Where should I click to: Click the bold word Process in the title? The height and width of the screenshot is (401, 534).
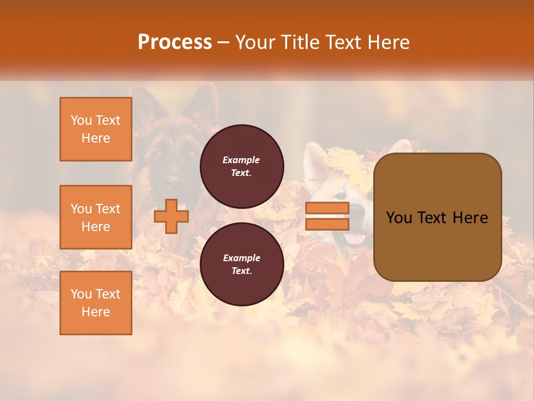[175, 42]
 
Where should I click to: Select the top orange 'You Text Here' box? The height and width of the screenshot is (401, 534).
[96, 129]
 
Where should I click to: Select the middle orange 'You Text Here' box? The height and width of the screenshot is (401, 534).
[96, 217]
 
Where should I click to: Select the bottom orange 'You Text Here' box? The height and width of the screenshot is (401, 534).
[96, 303]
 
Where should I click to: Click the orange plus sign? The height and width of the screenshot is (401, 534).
[171, 216]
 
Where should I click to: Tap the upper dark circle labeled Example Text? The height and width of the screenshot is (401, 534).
[241, 166]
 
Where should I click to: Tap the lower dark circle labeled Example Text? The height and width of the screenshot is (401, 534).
[241, 264]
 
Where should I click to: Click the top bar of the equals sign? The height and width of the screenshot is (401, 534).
[327, 208]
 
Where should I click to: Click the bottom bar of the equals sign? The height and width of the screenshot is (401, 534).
[327, 224]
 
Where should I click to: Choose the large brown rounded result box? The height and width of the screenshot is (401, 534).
[437, 245]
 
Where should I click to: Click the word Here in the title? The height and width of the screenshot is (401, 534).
[389, 42]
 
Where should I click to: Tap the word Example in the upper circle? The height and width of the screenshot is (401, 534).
[241, 160]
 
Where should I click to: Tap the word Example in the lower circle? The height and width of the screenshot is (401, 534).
[241, 258]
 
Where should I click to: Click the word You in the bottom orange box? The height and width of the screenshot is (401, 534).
[81, 294]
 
